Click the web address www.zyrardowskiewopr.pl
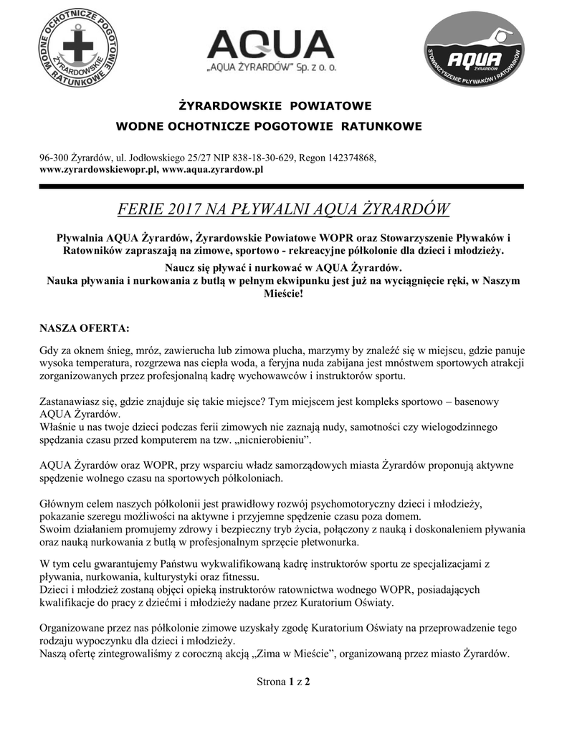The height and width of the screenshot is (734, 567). tap(98, 170)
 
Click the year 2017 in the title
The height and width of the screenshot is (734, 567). tap(186, 210)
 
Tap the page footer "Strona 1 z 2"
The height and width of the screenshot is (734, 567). tap(283, 682)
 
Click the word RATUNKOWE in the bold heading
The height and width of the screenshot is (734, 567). tap(380, 127)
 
